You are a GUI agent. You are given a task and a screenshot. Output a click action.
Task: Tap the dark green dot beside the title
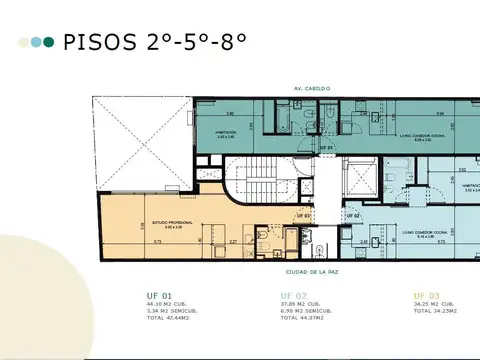pyautogui.click(x=49, y=43)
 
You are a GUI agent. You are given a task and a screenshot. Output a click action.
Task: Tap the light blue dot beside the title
pyautogui.click(x=37, y=43)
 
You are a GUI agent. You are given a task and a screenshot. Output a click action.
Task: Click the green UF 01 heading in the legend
pyautogui.click(x=158, y=295)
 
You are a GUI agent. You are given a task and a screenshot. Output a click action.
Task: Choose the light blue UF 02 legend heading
pyautogui.click(x=293, y=295)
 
